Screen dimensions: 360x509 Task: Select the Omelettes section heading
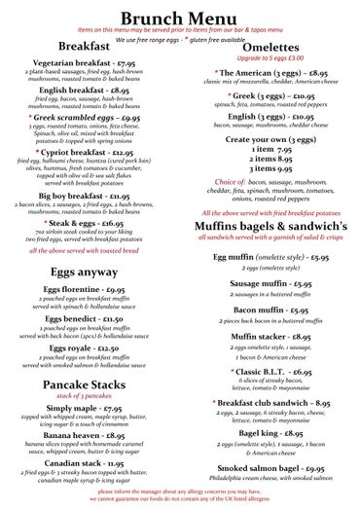coord(265,48)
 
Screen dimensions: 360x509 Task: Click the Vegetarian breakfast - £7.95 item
coord(90,63)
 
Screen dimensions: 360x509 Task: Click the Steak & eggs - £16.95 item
coord(90,223)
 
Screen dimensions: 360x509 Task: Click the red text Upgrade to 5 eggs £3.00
coord(265,60)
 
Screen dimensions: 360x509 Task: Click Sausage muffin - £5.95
coord(265,284)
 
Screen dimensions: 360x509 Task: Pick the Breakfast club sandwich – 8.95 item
coord(265,401)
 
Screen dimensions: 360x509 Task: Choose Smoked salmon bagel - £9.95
coord(265,469)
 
